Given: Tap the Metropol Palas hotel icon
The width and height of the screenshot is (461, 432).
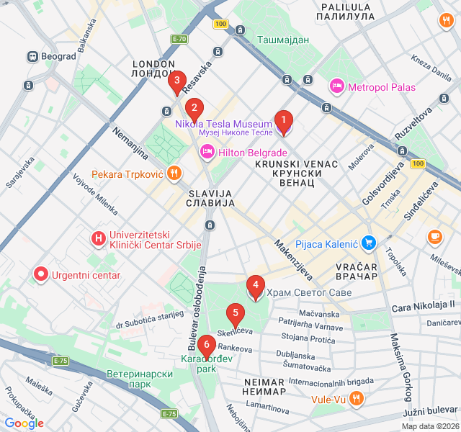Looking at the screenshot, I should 336,87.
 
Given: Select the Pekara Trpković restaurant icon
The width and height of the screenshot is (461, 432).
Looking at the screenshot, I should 174,174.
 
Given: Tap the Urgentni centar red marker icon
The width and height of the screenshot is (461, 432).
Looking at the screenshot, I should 41,274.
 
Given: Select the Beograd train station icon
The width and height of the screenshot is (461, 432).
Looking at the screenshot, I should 32,56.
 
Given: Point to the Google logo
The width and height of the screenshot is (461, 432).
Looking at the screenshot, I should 24,423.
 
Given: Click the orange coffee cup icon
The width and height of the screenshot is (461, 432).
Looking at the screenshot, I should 435,236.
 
